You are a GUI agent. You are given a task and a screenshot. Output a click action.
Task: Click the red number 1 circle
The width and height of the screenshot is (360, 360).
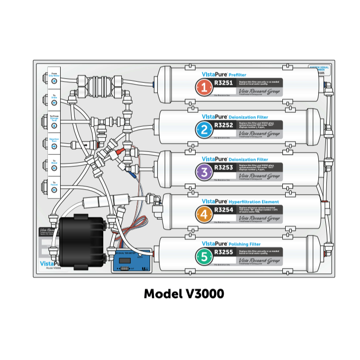coord(204,87)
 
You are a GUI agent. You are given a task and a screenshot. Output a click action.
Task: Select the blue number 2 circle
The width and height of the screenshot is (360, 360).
coord(204,128)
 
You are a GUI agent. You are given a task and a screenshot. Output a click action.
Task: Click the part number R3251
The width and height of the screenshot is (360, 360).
coord(223,82)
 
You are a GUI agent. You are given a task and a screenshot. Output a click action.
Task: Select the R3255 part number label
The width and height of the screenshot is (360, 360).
coord(223,252)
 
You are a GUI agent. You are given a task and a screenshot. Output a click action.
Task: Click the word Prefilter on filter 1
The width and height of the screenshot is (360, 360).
coord(237,75)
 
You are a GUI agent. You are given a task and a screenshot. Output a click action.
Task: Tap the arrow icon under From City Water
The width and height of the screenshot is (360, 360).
coord(54,81)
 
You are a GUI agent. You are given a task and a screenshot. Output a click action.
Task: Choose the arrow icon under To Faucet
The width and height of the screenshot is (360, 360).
coord(54,189)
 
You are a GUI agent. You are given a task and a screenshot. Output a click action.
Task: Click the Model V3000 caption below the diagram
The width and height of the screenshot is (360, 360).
coord(184,294)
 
